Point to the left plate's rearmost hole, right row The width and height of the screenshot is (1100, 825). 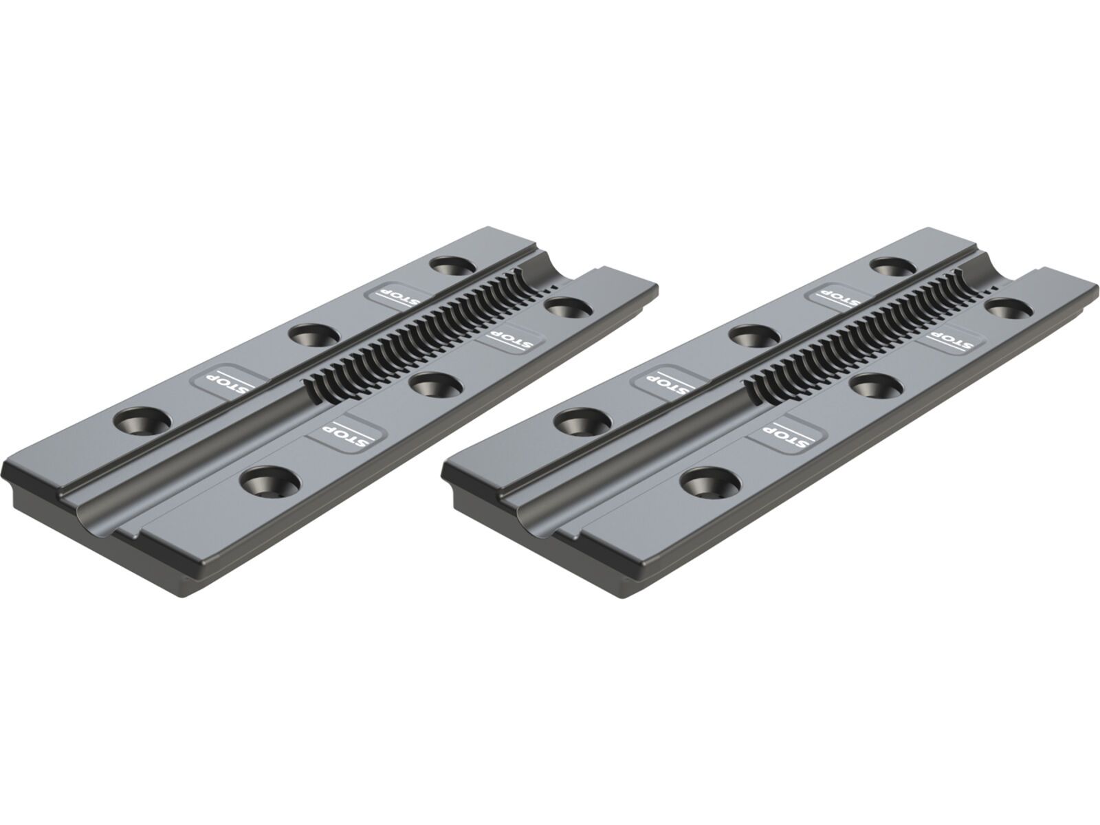tap(569, 308)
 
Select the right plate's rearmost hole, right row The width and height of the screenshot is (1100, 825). tap(1009, 308)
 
